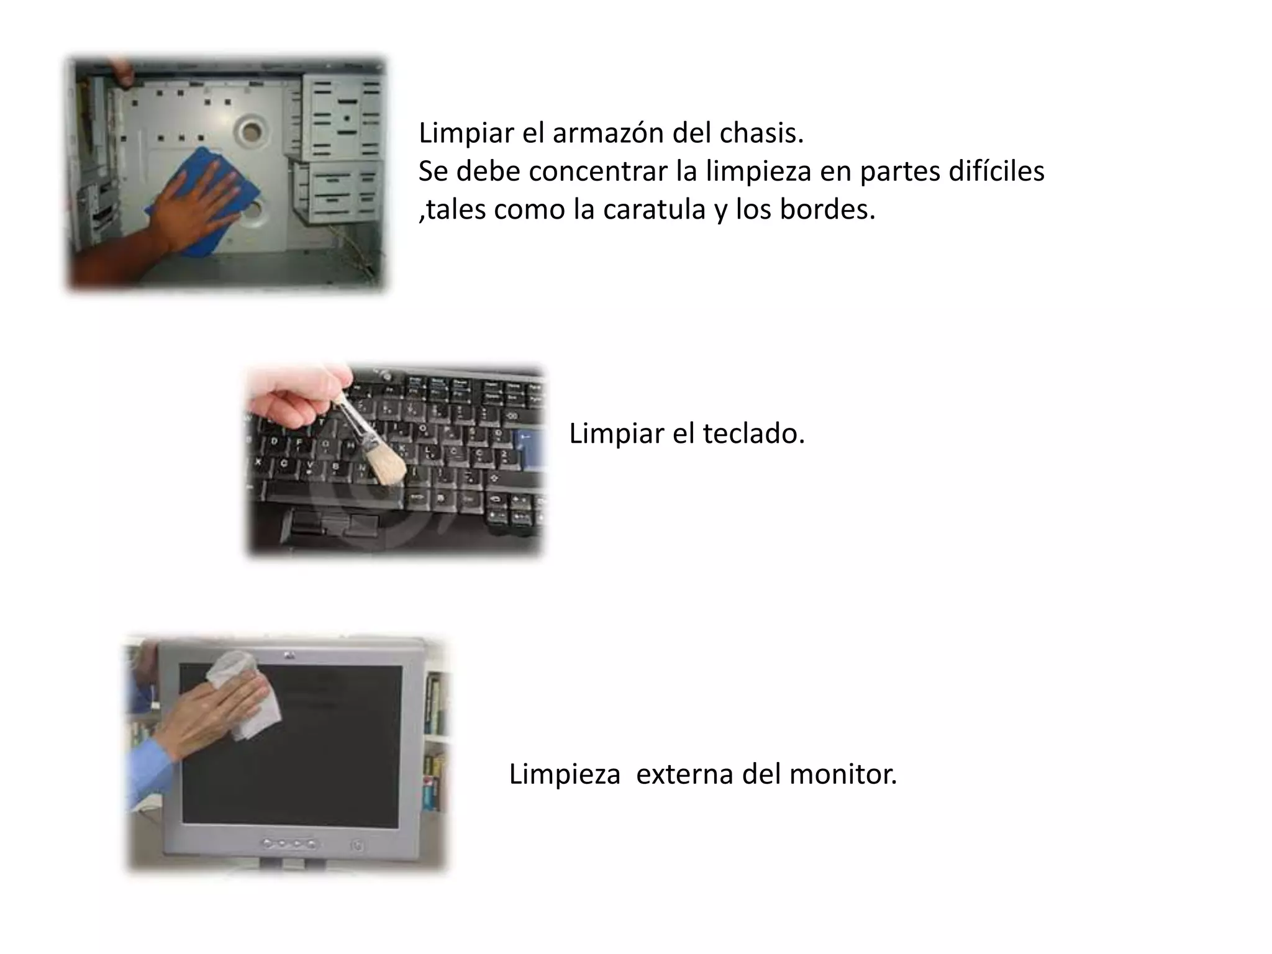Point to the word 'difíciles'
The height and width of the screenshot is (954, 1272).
pyautogui.click(x=996, y=172)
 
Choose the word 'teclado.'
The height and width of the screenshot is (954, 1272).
pyautogui.click(x=753, y=434)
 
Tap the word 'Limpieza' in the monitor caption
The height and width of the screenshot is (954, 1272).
pyautogui.click(x=565, y=775)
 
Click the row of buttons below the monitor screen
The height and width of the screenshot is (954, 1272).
pyautogui.click(x=289, y=844)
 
